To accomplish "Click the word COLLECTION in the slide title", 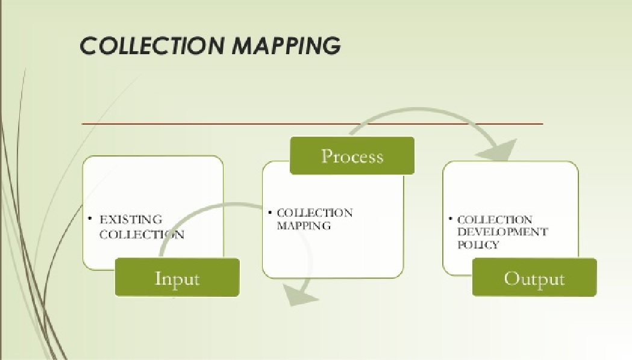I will pos(150,46).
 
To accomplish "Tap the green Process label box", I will pos(352,156).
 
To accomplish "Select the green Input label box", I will pos(177,278).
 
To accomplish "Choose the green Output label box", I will pos(534,278).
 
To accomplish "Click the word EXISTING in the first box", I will pos(131,220).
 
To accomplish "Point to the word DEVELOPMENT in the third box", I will pos(502,232).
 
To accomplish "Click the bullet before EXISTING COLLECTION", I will pos(90,218).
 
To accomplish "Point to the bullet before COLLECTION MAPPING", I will pos(271,212).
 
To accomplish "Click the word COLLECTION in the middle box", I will pos(314,213).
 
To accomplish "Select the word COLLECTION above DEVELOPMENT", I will pos(495,220).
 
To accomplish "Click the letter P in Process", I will pos(328,156).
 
